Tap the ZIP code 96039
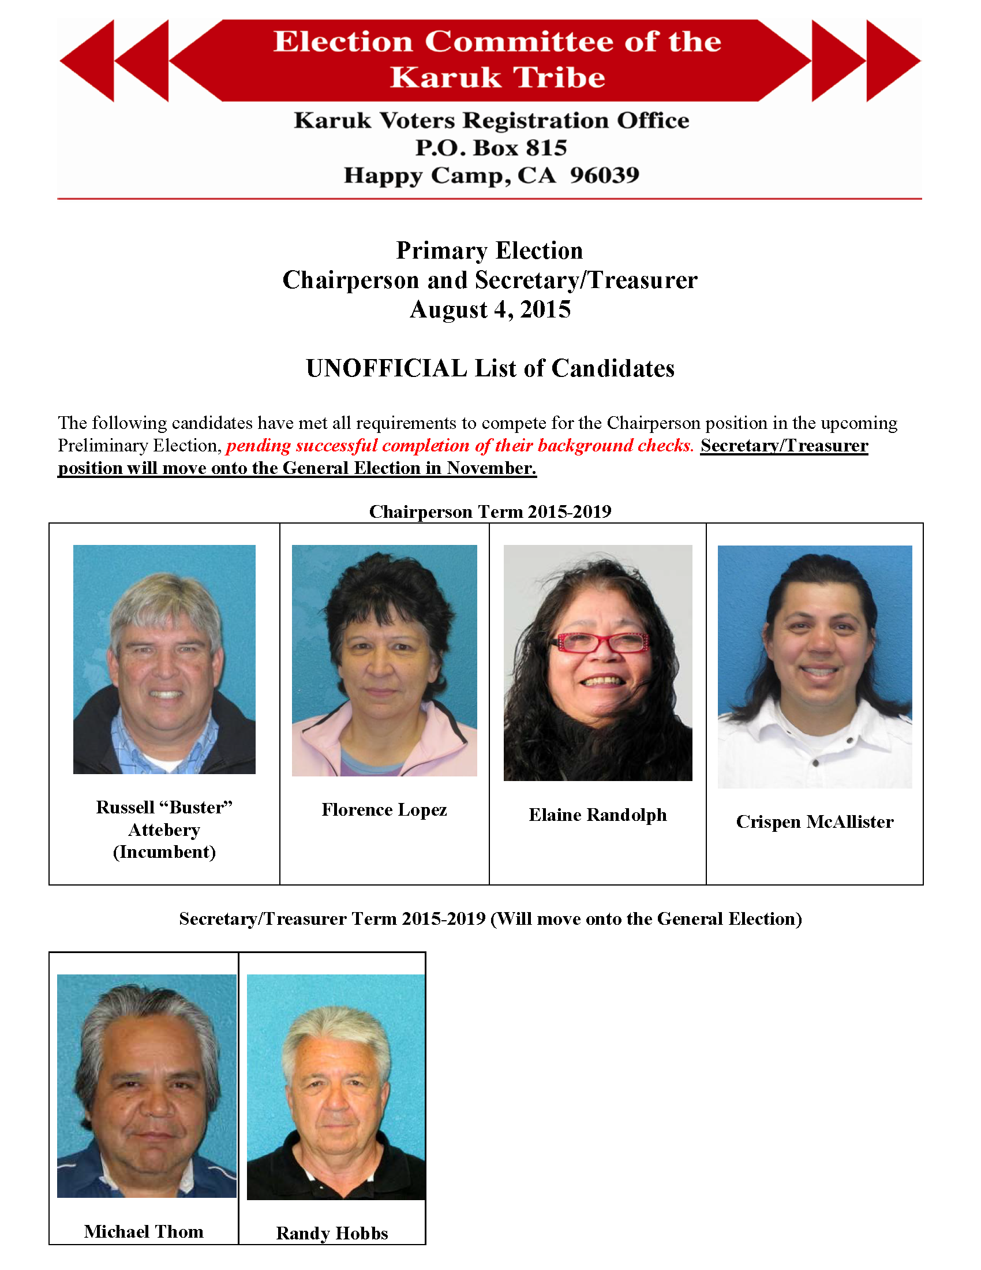[604, 175]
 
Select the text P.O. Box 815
[490, 148]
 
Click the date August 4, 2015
[490, 309]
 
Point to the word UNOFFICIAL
[387, 369]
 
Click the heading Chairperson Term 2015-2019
[490, 511]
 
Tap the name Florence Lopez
[384, 810]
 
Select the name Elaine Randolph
[597, 815]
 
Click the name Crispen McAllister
[814, 822]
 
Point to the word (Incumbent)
[164, 852]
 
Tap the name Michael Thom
[144, 1232]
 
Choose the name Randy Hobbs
[332, 1234]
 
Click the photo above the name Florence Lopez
[384, 660]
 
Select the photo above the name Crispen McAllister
[814, 666]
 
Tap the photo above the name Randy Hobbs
[336, 1087]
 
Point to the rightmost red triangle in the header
[893, 61]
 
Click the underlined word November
[491, 469]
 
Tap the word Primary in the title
[441, 251]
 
